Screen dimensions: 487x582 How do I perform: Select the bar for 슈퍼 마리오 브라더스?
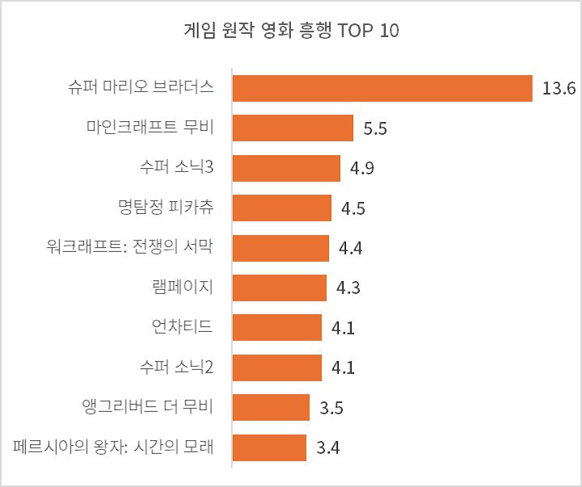coord(382,88)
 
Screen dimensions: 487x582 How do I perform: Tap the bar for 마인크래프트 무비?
coord(293,128)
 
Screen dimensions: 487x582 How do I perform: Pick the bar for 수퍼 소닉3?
coord(286,168)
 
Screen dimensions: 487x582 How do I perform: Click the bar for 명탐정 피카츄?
coord(281,208)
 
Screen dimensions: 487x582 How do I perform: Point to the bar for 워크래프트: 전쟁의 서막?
coord(280,248)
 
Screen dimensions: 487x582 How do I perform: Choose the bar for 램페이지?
coord(279,288)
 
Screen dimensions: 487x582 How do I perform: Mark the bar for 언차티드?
coord(276,327)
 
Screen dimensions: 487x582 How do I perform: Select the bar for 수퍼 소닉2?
coord(276,367)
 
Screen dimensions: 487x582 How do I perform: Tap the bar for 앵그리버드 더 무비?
coord(271,407)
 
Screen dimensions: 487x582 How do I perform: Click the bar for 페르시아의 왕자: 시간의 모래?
coord(269,447)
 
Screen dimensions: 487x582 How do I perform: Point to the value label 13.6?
coord(558,89)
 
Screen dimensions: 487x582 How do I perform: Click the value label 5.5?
coord(375,128)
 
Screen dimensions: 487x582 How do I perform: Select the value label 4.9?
coord(361,169)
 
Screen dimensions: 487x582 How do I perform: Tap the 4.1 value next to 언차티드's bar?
coord(344,328)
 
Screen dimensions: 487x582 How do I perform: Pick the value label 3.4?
coord(327,447)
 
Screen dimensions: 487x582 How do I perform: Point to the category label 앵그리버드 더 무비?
coord(147,406)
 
